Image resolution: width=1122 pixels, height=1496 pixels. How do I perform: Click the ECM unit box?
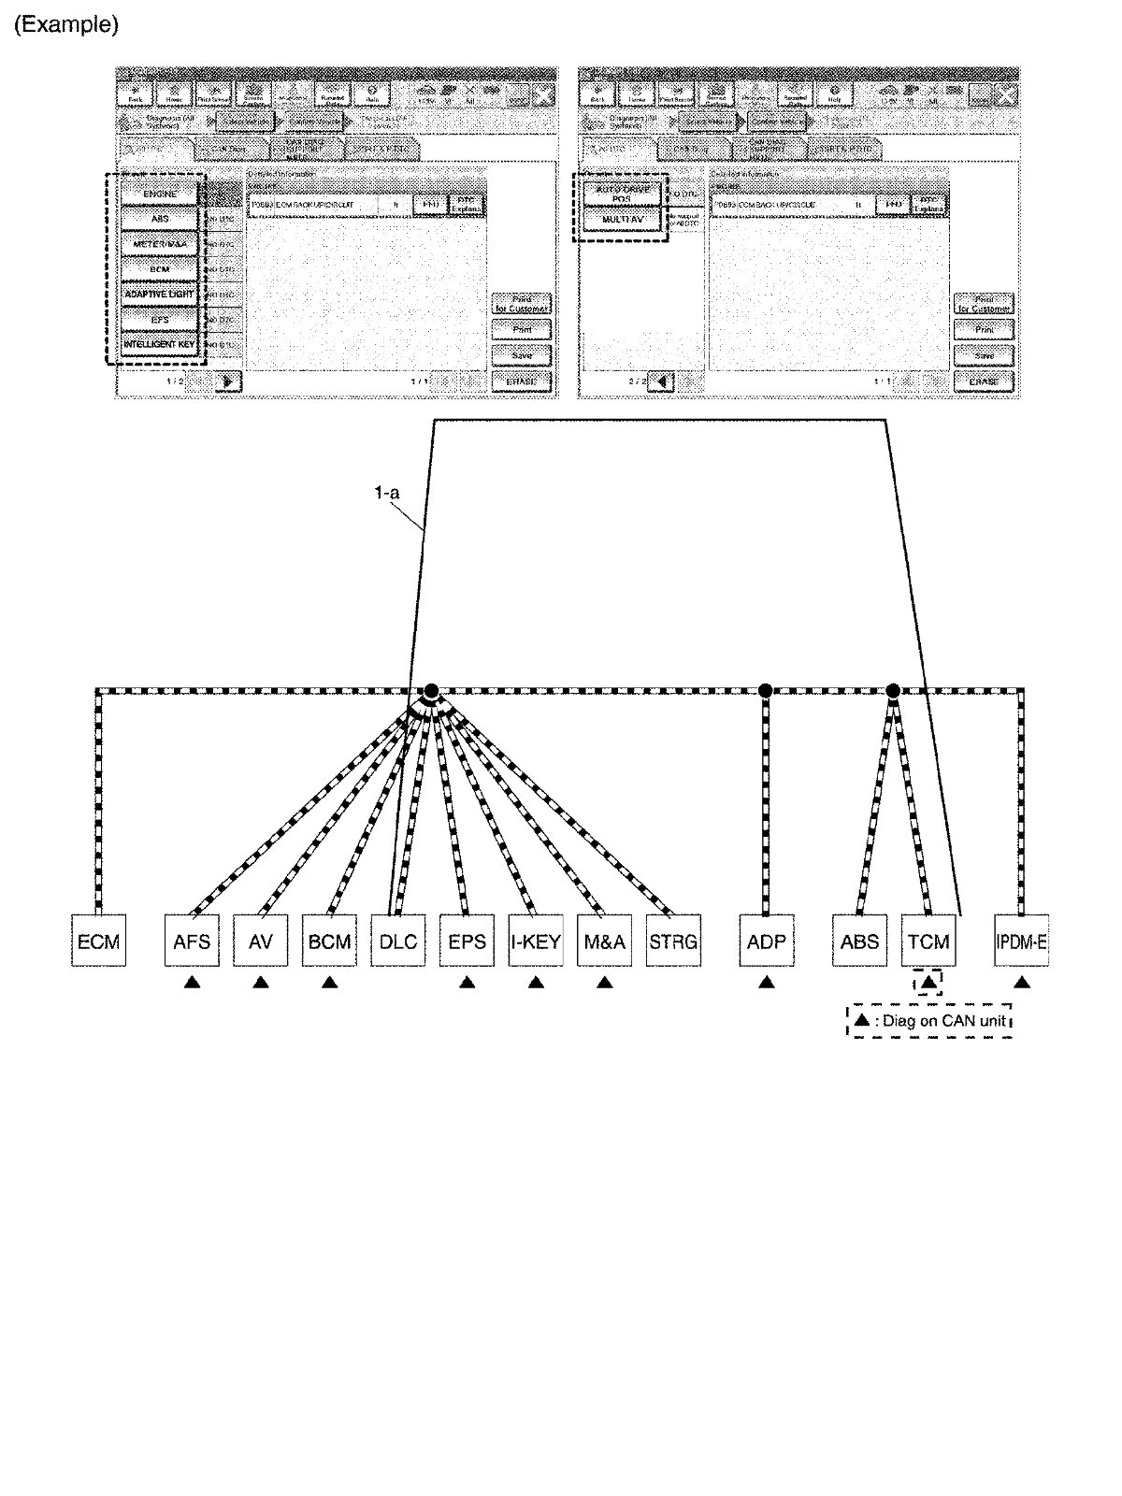pos(98,941)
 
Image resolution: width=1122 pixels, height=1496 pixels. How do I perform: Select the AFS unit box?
pos(192,941)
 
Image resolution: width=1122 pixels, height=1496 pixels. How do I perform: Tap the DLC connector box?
pos(398,941)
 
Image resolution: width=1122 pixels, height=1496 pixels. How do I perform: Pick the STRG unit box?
pos(673,941)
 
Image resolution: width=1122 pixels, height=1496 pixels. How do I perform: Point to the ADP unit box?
pos(766,941)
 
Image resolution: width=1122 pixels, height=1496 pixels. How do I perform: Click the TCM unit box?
pos(928,941)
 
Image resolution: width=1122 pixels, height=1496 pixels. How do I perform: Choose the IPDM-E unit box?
pos(1022,941)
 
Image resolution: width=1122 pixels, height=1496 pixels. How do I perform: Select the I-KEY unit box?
pos(536,941)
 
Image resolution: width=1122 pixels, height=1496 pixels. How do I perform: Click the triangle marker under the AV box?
pos(261,982)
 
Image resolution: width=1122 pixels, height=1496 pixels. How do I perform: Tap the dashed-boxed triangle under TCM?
pos(928,982)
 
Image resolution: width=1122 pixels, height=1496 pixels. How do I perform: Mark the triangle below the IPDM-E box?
pos(1022,982)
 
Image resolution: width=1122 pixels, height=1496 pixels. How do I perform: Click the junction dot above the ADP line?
pos(766,691)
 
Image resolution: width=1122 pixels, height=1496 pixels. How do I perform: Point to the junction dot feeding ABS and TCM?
pos(893,691)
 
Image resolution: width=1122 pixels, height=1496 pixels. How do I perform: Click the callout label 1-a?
pos(387,492)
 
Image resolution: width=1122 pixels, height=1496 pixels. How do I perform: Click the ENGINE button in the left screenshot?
pos(160,194)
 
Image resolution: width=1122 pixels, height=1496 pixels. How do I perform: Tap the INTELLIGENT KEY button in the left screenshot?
pos(160,345)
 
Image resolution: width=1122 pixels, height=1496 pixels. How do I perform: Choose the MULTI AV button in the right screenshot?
pos(623,220)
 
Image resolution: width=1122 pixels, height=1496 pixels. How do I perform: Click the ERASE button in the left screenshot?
pos(521,381)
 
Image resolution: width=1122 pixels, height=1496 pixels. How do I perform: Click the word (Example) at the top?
pos(65,25)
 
